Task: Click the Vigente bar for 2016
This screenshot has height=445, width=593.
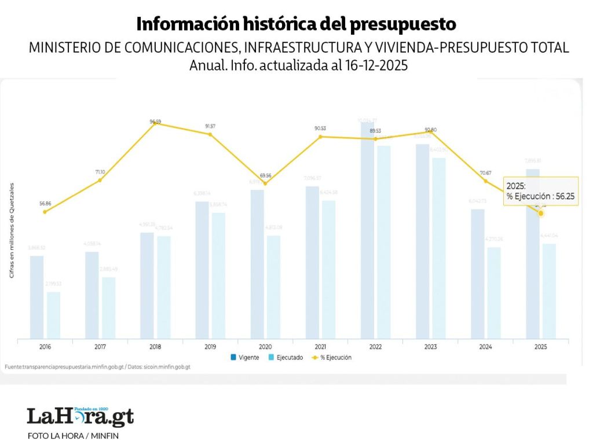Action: [x=37, y=297]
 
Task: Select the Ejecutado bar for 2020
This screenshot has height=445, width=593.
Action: [x=273, y=286]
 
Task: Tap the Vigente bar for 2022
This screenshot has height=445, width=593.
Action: [x=367, y=231]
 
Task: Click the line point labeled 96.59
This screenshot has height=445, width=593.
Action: [x=155, y=124]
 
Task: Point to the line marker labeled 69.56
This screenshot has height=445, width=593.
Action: [x=265, y=183]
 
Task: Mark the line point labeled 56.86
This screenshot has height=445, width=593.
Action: [x=45, y=212]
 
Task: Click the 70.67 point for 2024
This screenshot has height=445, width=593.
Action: [x=486, y=181]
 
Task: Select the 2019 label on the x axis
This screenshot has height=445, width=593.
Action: [x=210, y=346]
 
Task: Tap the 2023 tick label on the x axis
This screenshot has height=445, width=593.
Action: [x=430, y=346]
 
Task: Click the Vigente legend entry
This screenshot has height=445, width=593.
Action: [x=245, y=358]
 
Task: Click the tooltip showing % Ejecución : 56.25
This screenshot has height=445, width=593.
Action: [x=540, y=192]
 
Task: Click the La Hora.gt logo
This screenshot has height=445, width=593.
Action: [x=80, y=416]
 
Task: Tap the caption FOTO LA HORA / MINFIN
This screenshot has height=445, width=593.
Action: [x=73, y=435]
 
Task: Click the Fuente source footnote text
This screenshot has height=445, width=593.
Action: [x=97, y=367]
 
